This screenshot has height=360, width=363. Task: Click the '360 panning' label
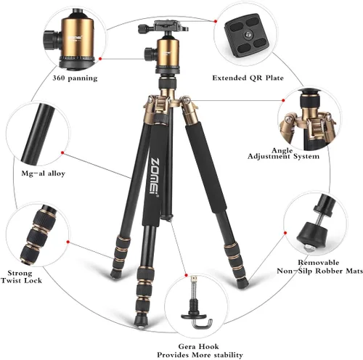tap(75, 78)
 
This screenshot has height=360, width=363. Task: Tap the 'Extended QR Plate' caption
tap(248, 78)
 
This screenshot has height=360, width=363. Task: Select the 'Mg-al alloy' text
tap(44, 173)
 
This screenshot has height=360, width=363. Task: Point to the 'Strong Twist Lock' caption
tap(21, 277)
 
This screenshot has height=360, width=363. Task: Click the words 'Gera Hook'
tap(198, 346)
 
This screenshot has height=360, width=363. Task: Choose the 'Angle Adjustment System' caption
tap(283, 154)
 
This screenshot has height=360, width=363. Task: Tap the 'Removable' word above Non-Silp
tap(319, 263)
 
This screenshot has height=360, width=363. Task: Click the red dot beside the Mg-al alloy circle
tap(62, 152)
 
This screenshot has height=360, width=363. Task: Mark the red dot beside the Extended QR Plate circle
tap(216, 21)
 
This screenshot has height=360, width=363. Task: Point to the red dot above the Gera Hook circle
tap(187, 275)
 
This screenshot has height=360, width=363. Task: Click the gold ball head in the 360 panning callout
tap(76, 38)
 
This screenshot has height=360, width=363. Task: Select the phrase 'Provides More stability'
tap(200, 355)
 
